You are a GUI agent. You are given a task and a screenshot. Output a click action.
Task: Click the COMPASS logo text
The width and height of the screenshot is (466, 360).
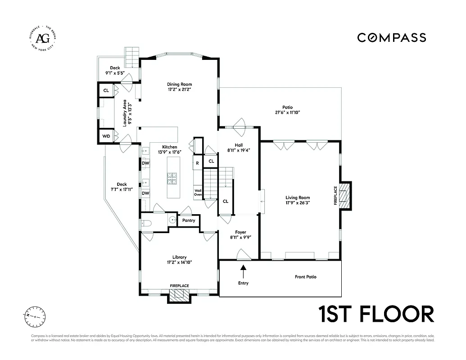click(x=391, y=38)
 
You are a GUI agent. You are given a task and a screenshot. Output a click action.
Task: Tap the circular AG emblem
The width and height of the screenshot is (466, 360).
click(x=43, y=38)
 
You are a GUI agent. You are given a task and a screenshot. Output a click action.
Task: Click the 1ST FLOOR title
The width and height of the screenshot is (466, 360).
click(x=376, y=314)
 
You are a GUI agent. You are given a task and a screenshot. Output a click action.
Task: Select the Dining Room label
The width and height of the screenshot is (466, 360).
click(x=179, y=84)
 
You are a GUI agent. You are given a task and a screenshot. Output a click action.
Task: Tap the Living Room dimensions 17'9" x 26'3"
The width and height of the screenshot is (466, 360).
click(x=298, y=203)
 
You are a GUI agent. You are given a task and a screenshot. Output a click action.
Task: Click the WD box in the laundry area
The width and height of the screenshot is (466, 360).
click(x=106, y=136)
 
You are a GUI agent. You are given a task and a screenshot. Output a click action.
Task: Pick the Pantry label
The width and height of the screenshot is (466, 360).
click(x=189, y=220)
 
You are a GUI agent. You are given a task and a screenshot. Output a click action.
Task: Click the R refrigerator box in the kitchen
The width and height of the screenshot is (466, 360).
click(x=197, y=163)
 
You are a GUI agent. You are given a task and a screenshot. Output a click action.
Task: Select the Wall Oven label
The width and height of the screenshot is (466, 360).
click(x=198, y=192)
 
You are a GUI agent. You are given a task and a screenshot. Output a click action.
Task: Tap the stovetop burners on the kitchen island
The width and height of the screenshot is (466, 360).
click(x=172, y=179)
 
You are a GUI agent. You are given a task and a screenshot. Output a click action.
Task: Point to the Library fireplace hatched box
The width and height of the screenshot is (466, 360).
click(x=179, y=296)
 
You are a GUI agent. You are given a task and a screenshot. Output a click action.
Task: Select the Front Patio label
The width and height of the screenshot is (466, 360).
click(x=305, y=277)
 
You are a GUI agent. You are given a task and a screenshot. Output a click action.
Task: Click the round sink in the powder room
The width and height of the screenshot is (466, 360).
click(x=172, y=220)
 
